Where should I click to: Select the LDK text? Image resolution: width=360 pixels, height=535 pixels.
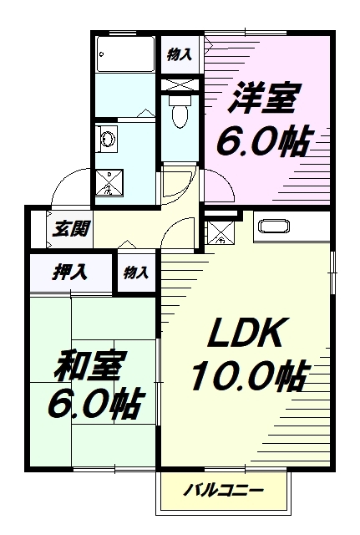246,333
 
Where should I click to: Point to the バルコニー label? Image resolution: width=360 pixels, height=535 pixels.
224,491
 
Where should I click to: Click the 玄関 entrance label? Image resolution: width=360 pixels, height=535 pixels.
71,228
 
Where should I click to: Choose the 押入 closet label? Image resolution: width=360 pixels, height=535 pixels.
70,273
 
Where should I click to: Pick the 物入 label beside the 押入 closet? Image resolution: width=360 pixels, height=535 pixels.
136,273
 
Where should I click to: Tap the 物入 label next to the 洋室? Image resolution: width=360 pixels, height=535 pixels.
180,54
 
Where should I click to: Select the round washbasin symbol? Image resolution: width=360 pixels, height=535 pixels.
108,140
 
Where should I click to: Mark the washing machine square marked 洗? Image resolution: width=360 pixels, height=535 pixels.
109,182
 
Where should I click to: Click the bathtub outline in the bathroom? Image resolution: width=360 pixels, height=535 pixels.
125,53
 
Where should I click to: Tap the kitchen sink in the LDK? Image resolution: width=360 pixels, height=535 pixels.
275,227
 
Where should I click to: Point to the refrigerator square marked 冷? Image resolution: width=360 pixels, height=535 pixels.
221,233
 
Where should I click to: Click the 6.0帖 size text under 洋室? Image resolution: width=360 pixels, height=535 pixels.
264,140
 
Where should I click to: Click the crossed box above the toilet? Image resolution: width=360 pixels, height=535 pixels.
180,84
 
